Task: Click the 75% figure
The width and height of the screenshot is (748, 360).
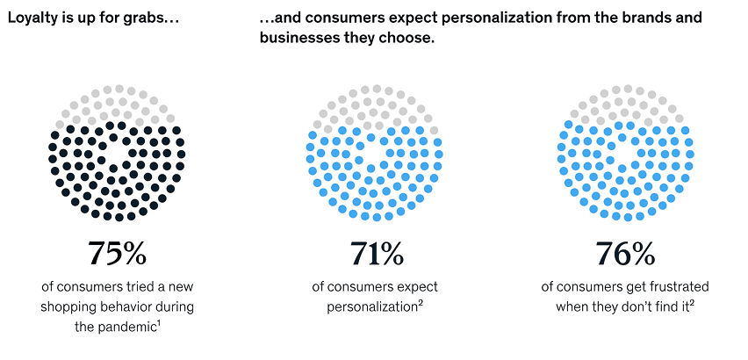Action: click(117, 254)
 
